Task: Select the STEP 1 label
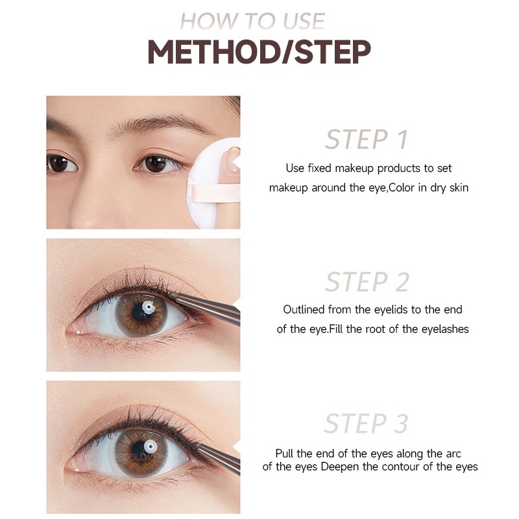pyautogui.click(x=366, y=140)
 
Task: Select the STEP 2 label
pyautogui.click(x=367, y=282)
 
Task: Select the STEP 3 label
pyautogui.click(x=367, y=424)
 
